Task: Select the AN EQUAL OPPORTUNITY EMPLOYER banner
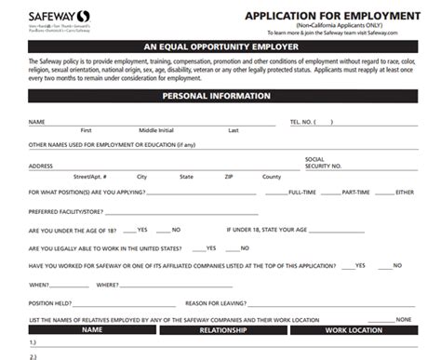coord(220,45)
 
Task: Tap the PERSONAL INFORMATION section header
coord(220,96)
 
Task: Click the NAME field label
coord(37,122)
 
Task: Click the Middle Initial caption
coord(155,130)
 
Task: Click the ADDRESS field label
coord(41,166)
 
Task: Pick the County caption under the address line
coord(272,176)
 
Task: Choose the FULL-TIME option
coord(304,193)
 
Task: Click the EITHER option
coord(404,193)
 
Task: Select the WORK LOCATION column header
coord(354,330)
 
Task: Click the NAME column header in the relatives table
coord(91,330)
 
